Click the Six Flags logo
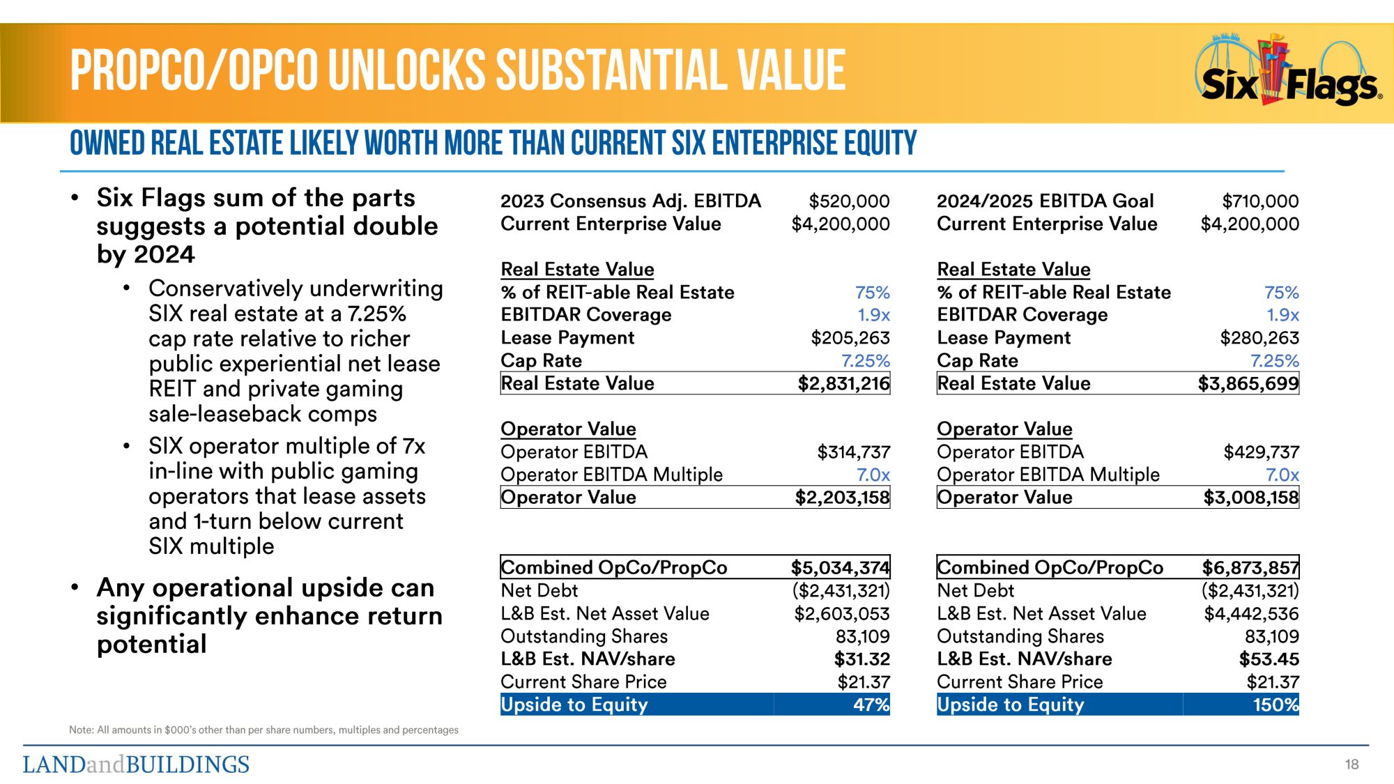tap(1289, 73)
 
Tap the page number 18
tap(1351, 764)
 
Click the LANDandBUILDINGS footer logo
tap(136, 764)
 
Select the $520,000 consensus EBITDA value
tap(849, 201)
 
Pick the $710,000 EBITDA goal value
tap(1260, 201)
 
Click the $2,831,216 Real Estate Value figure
tap(843, 383)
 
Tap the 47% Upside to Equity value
tap(871, 705)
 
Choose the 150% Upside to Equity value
tap(1276, 705)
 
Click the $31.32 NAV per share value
tap(862, 659)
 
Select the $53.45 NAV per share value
tap(1269, 659)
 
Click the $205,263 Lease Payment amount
tap(850, 338)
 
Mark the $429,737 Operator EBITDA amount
tap(1262, 452)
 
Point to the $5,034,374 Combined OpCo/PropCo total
tap(840, 567)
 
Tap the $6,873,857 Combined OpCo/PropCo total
tap(1250, 567)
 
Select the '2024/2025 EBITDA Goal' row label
tap(1045, 201)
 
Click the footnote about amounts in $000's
tap(263, 730)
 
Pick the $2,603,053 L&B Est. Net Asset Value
tap(842, 614)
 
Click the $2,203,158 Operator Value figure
tap(842, 498)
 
